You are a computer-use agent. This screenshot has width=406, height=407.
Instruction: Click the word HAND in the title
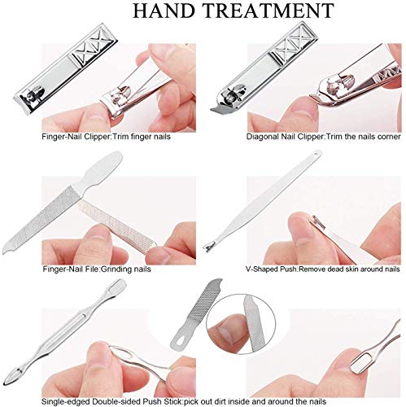click(x=164, y=11)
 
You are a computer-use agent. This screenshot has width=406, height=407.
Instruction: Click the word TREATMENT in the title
click(x=268, y=11)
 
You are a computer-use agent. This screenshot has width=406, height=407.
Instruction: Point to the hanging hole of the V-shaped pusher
click(x=317, y=154)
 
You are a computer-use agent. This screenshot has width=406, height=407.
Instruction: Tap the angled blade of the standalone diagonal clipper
click(x=220, y=109)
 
